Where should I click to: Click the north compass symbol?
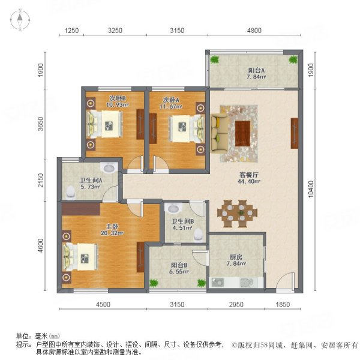(x=20, y=21)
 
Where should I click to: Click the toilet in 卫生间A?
(x=72, y=191)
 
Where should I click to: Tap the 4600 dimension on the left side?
(x=40, y=247)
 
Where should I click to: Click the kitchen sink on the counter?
(x=245, y=282)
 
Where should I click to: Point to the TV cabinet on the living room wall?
(x=295, y=134)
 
